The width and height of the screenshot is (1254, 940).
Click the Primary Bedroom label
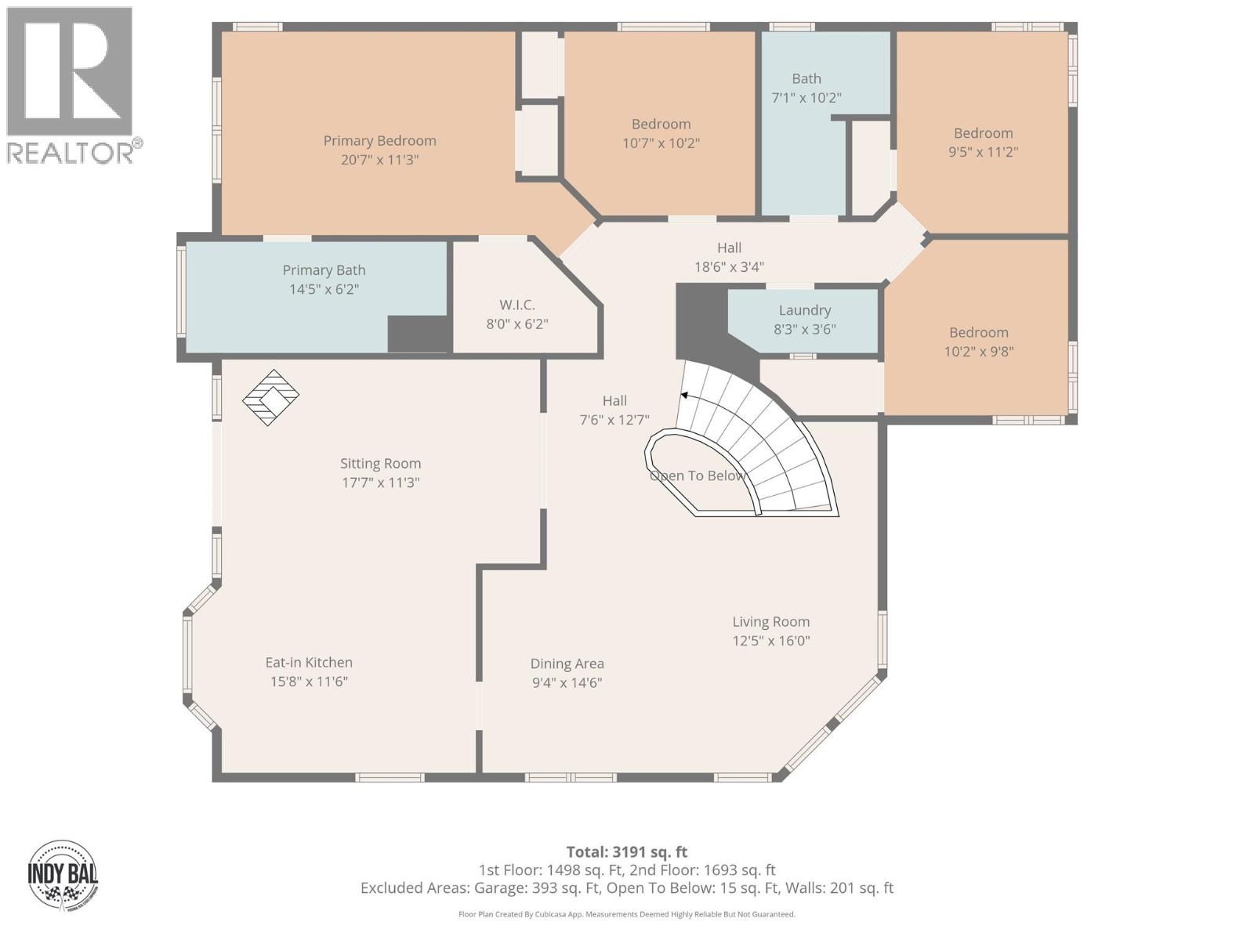[379, 141]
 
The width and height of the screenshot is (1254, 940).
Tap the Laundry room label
[804, 310]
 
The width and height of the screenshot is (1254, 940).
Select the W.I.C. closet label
[517, 305]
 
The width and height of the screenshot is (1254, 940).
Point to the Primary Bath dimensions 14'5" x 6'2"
[324, 289]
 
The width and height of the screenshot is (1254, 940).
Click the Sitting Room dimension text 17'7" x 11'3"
[380, 483]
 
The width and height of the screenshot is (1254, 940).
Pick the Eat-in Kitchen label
[309, 663]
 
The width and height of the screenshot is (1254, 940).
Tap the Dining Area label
[567, 663]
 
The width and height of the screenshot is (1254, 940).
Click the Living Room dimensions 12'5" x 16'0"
[771, 641]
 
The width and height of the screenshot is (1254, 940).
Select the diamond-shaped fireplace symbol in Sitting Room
[270, 397]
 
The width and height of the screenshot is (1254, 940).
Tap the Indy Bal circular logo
[63, 875]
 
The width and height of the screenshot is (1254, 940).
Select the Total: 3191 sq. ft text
[627, 852]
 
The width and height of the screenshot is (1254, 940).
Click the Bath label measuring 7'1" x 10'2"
[806, 79]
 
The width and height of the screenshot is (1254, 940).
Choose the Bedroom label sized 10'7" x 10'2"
[661, 124]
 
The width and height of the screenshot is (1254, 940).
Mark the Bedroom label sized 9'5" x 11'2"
[983, 133]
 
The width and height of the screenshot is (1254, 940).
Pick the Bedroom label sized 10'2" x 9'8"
[979, 332]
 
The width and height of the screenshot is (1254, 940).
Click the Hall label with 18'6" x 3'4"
[730, 248]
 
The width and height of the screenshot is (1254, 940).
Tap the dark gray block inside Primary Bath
[418, 334]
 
